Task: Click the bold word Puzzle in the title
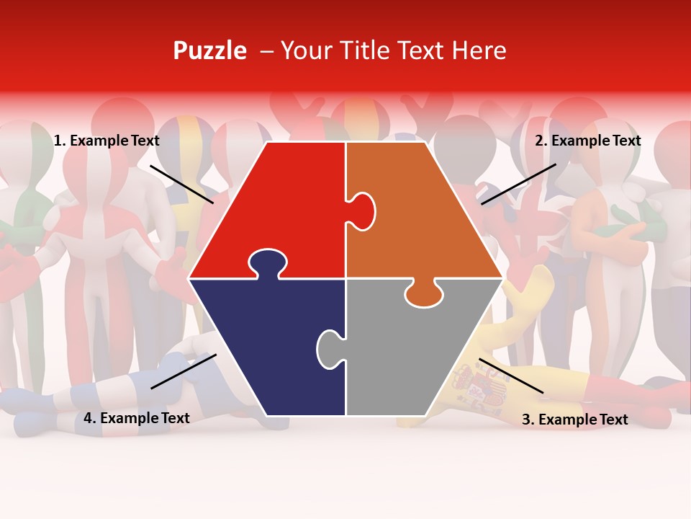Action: (209, 51)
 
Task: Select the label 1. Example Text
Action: (107, 141)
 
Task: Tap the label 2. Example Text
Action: (587, 141)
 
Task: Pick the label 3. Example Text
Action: (574, 420)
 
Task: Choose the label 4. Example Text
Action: (137, 418)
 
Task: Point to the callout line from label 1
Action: (182, 184)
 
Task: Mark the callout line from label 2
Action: (518, 184)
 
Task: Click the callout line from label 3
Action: (511, 376)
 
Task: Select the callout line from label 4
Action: (184, 371)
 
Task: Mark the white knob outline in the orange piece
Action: (362, 209)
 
